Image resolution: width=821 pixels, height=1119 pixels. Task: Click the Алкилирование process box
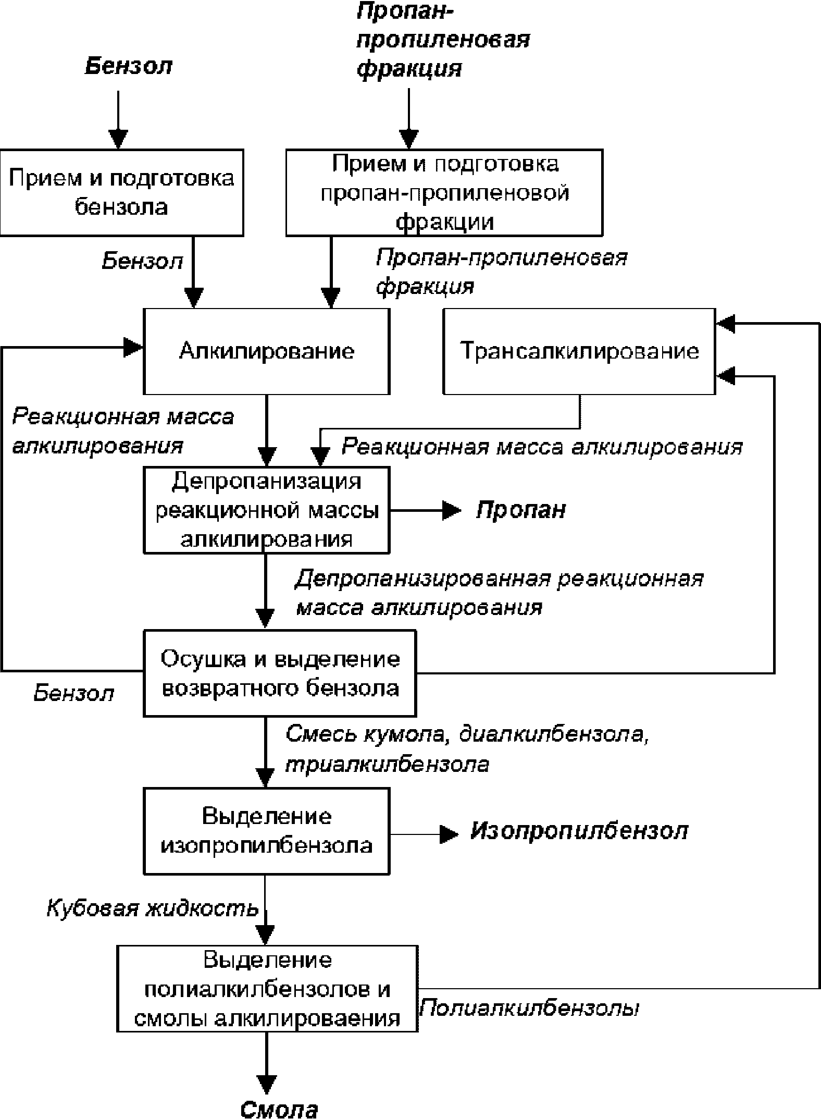[x=266, y=351]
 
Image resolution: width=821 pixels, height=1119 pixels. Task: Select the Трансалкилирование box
[x=579, y=351]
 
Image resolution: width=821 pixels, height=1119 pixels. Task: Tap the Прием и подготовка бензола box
[x=121, y=192]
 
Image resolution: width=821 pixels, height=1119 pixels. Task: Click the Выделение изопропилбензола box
[x=266, y=831]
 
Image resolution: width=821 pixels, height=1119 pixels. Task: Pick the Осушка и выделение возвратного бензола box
[x=280, y=673]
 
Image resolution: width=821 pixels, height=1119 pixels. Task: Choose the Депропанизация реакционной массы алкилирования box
[x=266, y=509]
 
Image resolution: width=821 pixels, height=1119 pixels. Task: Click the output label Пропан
[x=521, y=510]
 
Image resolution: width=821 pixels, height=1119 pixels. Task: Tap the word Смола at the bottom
[x=279, y=1108]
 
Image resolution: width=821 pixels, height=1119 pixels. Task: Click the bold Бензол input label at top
[x=129, y=66]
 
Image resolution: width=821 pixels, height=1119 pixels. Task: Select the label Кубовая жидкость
[x=153, y=908]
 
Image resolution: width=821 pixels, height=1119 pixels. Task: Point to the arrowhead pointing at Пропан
[x=452, y=510]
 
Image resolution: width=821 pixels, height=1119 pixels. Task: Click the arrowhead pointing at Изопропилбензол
[x=449, y=834]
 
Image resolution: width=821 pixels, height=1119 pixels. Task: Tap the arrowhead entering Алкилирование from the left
[x=133, y=347]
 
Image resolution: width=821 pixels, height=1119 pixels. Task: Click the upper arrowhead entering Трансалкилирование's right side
[x=726, y=323]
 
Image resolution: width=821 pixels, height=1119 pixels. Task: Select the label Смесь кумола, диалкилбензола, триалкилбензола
[x=467, y=749]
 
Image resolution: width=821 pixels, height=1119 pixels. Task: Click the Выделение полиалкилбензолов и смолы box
[x=267, y=988]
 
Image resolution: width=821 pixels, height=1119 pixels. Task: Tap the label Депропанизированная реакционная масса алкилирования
[x=499, y=594]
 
